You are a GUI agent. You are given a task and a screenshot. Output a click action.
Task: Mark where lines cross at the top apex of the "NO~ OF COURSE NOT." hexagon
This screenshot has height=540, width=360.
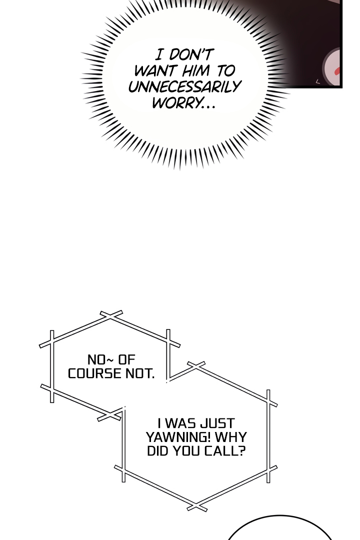coord(110,315)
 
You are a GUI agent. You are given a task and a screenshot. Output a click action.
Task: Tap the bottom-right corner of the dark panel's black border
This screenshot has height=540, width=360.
coord(341,87)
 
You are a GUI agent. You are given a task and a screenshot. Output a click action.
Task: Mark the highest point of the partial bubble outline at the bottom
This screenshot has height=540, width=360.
coord(279,515)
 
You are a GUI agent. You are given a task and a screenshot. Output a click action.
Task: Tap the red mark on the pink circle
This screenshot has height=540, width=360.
coord(337,71)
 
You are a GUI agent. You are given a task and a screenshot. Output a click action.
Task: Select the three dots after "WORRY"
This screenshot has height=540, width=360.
coord(207,107)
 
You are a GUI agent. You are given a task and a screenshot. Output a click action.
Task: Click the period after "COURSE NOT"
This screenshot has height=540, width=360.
coord(152,377)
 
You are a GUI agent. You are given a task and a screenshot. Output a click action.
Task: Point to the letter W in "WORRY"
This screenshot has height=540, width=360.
coord(159,102)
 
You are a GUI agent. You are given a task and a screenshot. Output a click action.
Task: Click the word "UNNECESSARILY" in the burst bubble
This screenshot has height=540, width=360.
coord(184,86)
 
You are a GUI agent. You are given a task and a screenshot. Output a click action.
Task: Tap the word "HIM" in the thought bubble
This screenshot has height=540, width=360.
coord(195,70)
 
